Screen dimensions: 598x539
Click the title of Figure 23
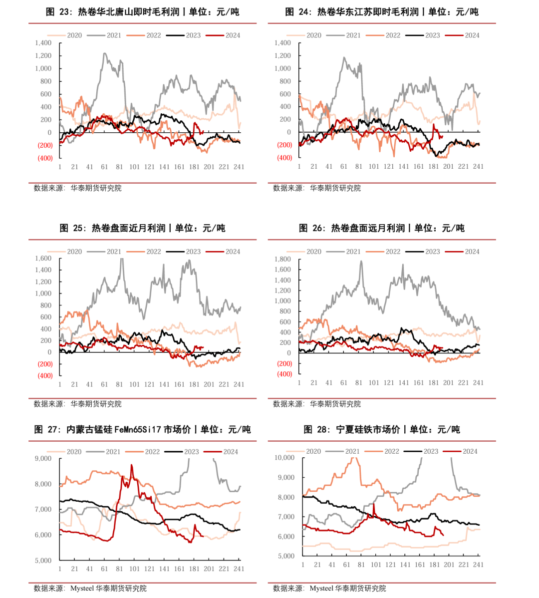click(x=142, y=11)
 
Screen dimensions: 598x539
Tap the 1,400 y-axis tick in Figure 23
click(x=43, y=43)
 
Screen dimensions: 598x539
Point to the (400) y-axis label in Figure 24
click(x=284, y=158)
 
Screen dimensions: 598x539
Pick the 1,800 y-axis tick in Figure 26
click(x=282, y=259)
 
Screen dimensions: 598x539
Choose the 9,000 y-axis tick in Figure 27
click(x=43, y=458)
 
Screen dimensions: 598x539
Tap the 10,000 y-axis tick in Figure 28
click(x=284, y=458)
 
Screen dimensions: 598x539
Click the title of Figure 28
click(x=382, y=429)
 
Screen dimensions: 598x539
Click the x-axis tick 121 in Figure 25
click(x=149, y=384)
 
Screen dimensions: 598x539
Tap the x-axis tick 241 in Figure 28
click(x=478, y=565)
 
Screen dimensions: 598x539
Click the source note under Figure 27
click(x=90, y=589)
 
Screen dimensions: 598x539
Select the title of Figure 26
click(x=382, y=228)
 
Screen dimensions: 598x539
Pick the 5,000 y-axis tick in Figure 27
click(x=43, y=561)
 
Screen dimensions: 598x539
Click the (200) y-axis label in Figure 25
click(x=45, y=364)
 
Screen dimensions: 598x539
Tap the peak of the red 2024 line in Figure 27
click(x=132, y=465)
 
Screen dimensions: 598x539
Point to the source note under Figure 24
click(x=317, y=188)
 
